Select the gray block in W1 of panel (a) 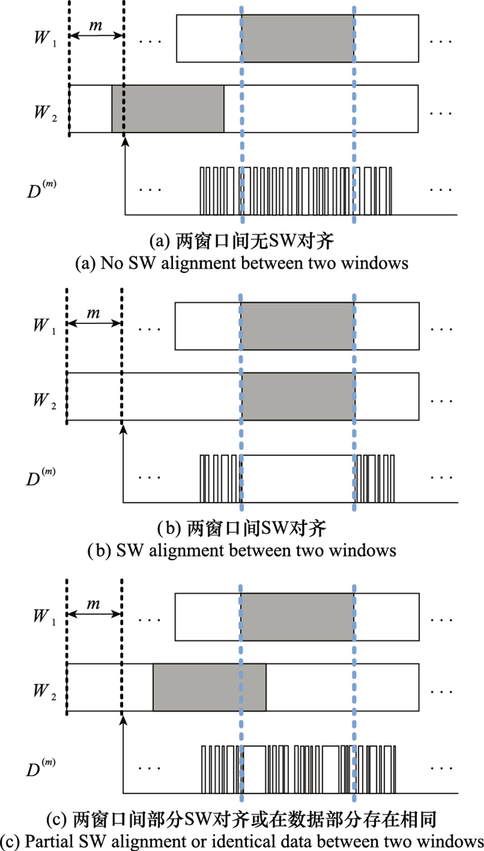(297, 39)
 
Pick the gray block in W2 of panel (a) (168, 108)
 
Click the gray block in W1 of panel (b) (297, 325)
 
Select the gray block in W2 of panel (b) (297, 396)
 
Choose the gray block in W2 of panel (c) (210, 687)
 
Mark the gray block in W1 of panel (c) (297, 615)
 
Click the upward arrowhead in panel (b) (123, 430)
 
